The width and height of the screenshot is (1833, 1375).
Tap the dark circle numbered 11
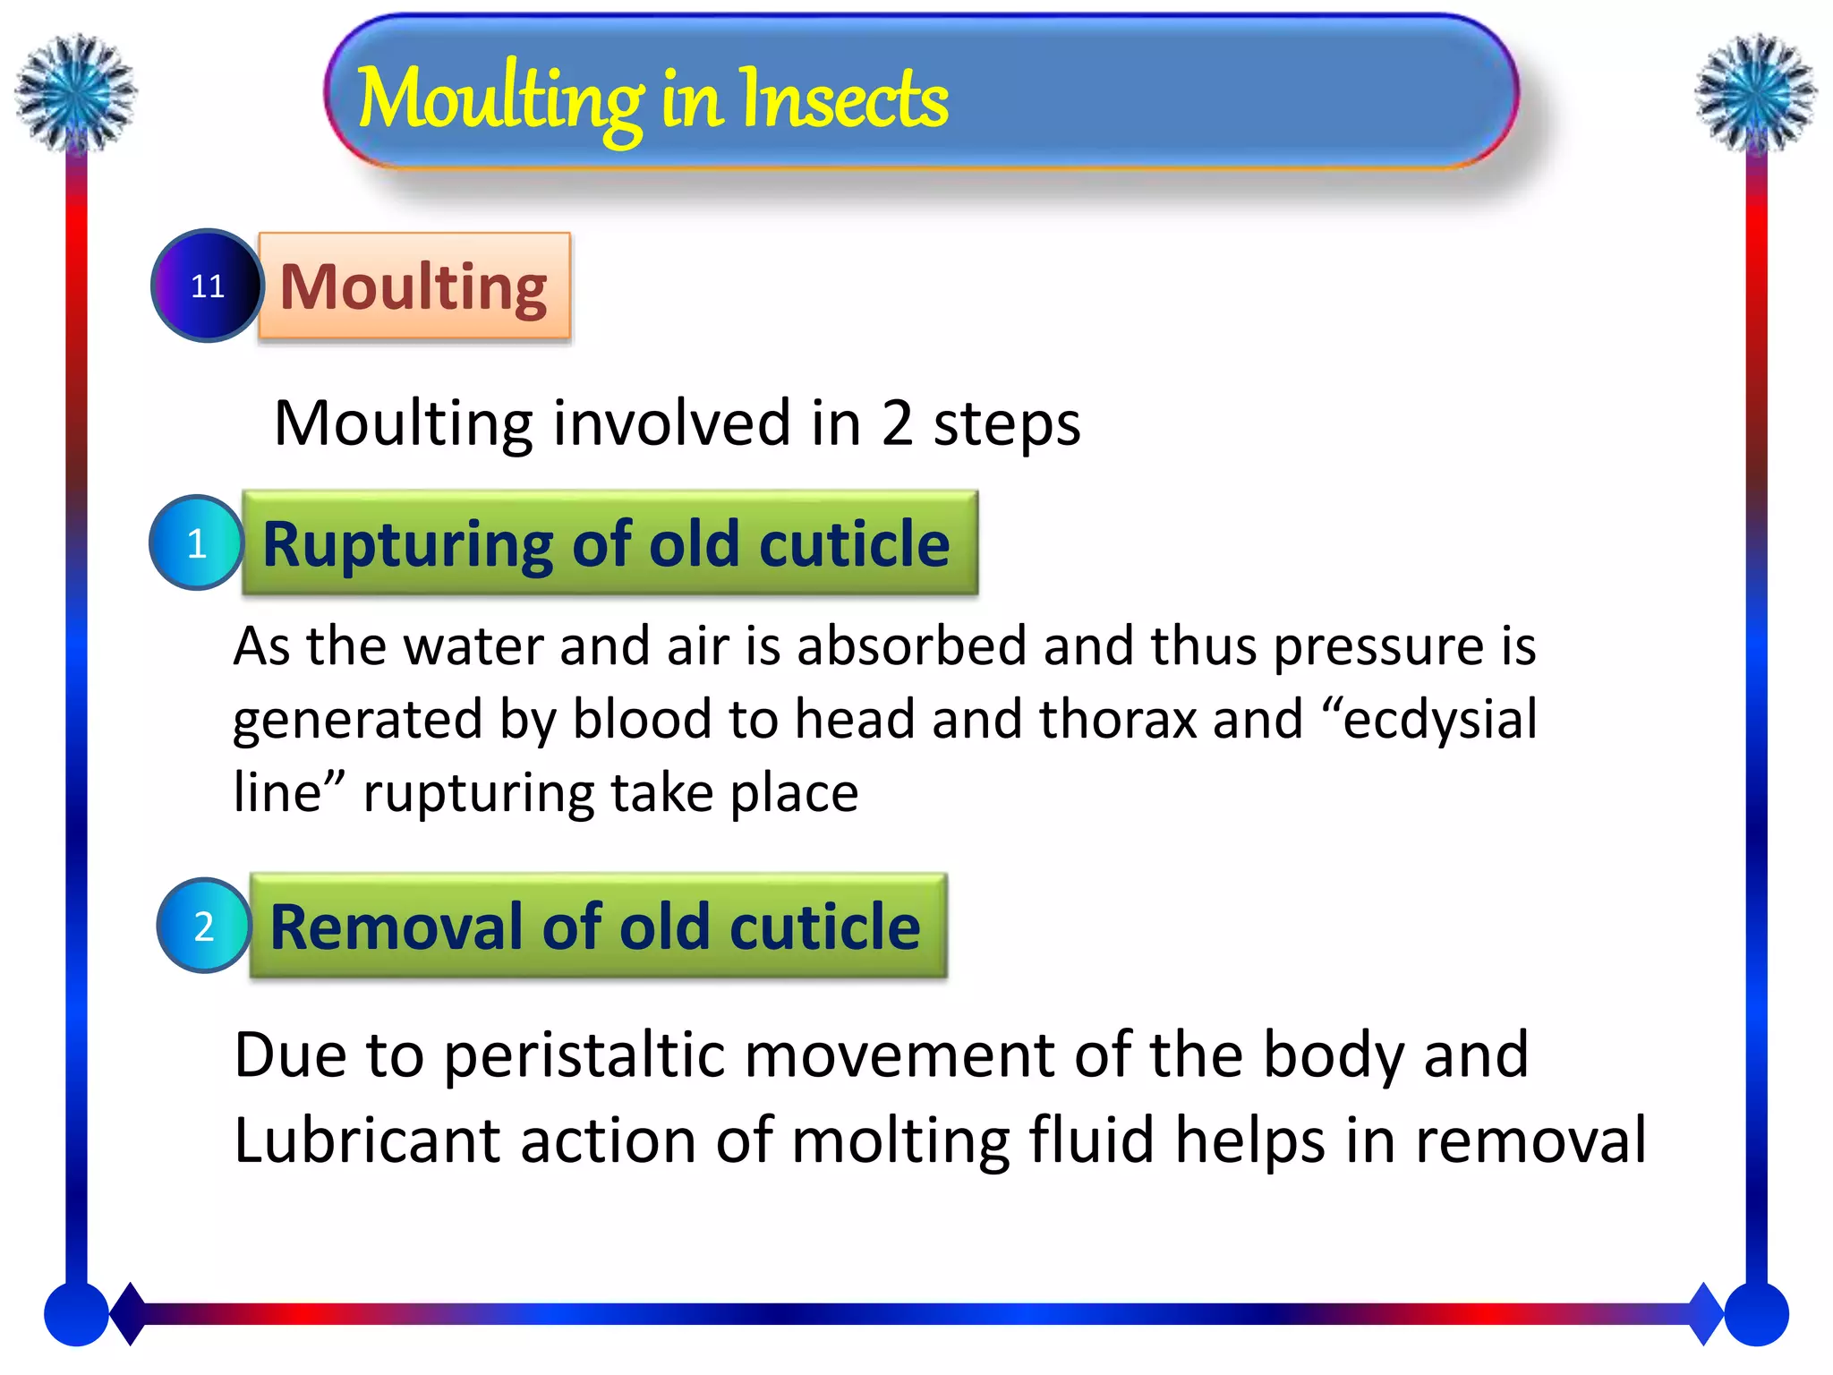[207, 286]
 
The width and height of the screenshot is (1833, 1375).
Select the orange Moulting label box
[413, 286]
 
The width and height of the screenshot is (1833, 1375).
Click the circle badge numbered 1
[196, 542]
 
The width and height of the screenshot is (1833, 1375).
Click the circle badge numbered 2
[204, 926]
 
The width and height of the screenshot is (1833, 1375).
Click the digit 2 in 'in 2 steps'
[897, 423]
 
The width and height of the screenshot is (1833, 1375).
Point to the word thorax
[1117, 719]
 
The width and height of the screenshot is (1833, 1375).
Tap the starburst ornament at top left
[76, 92]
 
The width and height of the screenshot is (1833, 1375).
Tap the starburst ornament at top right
[1756, 92]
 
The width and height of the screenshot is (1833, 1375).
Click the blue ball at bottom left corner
[76, 1314]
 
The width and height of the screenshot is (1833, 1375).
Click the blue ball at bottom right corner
[1756, 1314]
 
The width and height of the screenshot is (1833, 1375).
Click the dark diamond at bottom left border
[130, 1313]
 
